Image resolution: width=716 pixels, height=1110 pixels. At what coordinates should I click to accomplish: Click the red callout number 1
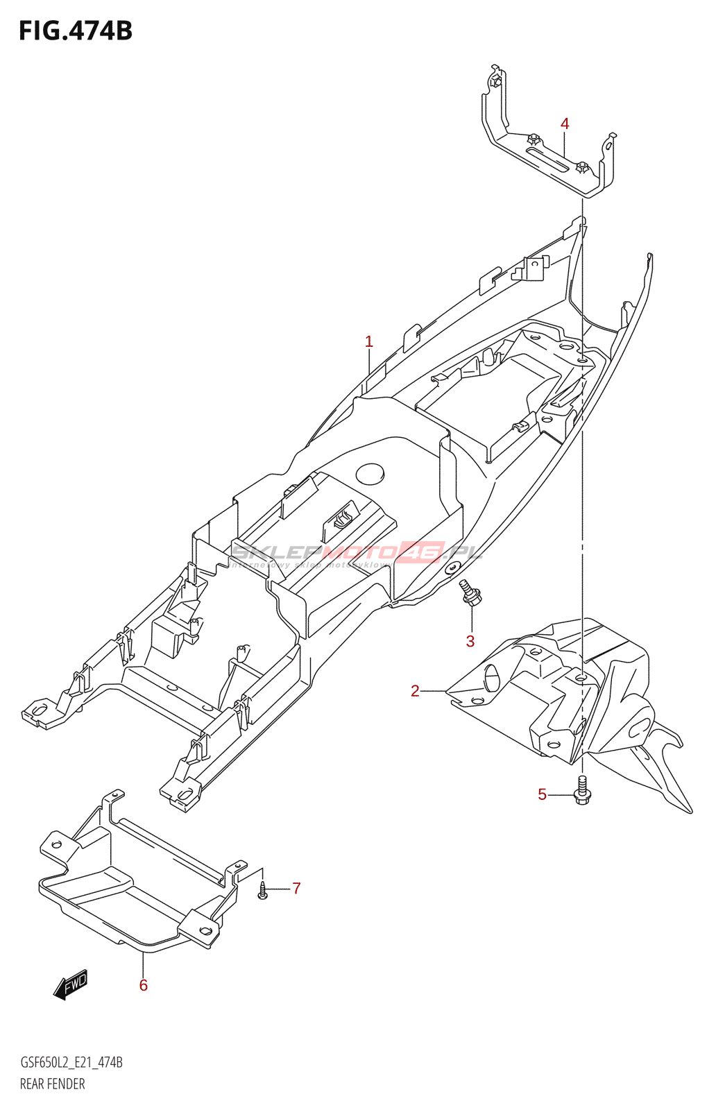pos(369,342)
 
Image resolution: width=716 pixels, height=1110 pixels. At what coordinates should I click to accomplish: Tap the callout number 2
pos(415,691)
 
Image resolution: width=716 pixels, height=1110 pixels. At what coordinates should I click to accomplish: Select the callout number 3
pos(470,641)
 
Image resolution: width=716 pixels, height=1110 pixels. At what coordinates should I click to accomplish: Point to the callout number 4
pos(565,124)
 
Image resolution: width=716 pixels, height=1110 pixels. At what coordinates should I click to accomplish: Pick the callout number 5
pos(543,794)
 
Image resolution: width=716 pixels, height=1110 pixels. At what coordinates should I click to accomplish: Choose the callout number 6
pos(144,985)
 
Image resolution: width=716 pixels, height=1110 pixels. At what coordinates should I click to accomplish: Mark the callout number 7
pos(296,889)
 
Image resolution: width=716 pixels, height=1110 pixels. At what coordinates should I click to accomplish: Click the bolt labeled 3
pos(471,593)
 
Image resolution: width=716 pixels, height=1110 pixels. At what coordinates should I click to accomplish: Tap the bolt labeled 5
pos(582,792)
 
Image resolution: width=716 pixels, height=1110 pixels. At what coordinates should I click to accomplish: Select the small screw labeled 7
pos(262,890)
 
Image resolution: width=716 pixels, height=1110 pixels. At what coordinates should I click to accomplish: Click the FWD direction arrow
pos(71,984)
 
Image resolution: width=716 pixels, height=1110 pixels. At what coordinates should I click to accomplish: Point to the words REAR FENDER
pos(53,1084)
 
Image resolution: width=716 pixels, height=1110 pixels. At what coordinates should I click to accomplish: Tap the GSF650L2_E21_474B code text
pos(71,1062)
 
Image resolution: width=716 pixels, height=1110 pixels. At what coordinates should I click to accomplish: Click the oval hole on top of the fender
pos(370,474)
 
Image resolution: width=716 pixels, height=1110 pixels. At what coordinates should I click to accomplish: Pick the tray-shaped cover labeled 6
pos(139,888)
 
